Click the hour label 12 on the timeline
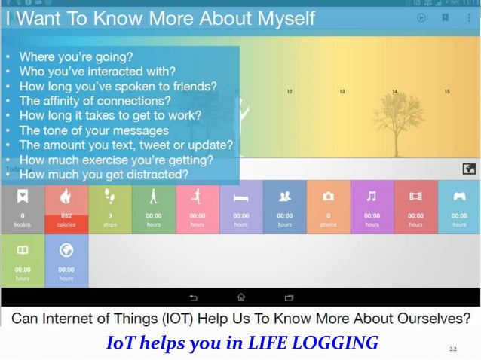tap(290, 92)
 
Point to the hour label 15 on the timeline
tap(447, 92)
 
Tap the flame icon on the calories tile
tap(66, 196)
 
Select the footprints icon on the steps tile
tap(109, 196)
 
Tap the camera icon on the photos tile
tap(328, 196)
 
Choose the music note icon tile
tap(372, 196)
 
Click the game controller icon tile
tap(459, 196)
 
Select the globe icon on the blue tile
tap(66, 250)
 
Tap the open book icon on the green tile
tap(23, 250)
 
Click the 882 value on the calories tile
tap(66, 216)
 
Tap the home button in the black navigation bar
tap(240, 297)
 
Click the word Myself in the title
tap(269, 18)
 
